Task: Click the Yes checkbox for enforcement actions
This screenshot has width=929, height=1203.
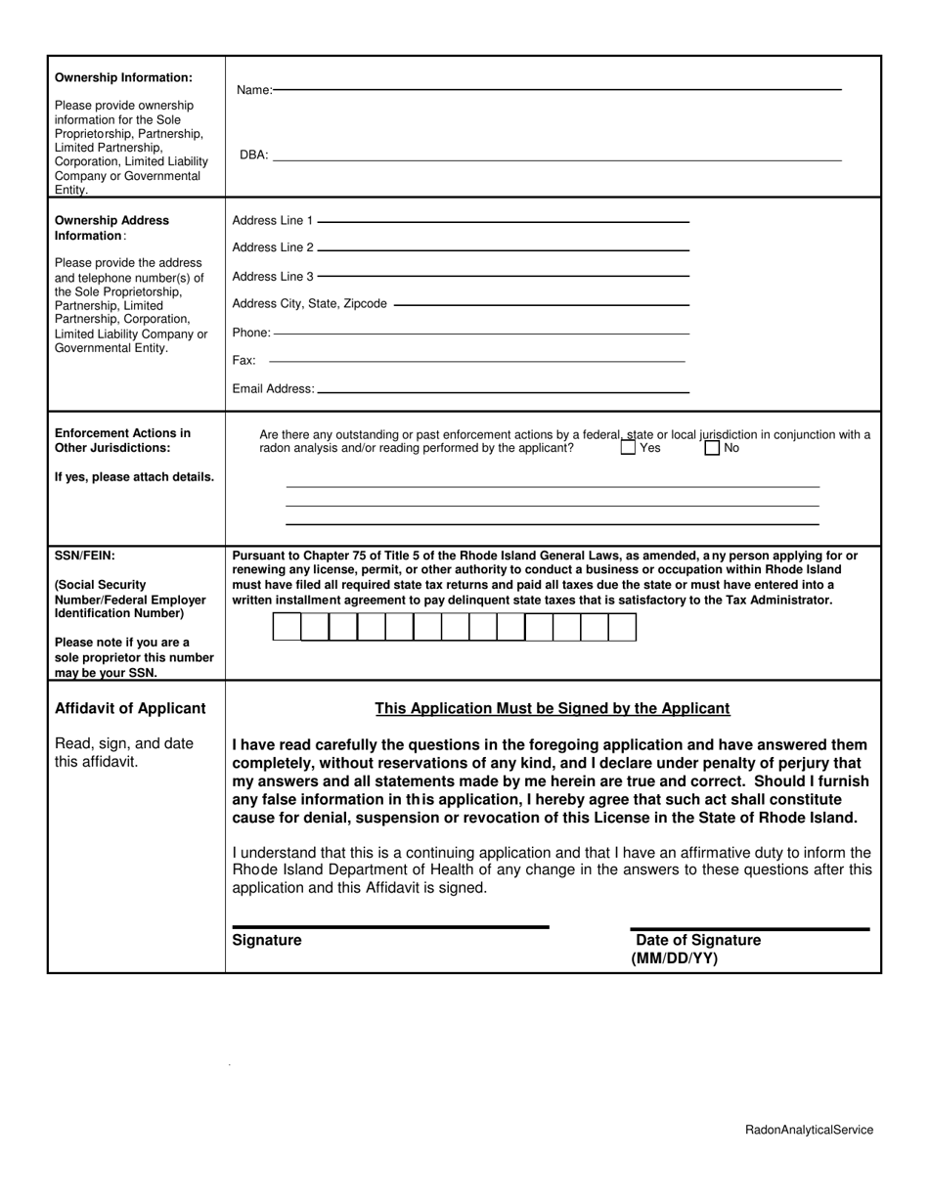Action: pos(628,448)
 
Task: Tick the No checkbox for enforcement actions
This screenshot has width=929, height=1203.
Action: pos(712,448)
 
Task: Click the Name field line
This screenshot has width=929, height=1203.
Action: pos(557,89)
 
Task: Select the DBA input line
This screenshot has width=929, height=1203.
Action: pos(557,159)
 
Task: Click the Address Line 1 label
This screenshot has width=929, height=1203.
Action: pos(273,221)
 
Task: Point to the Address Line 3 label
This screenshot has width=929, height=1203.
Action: pos(273,277)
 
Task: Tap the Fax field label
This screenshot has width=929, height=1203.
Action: pos(243,361)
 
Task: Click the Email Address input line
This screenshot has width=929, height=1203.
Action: pos(504,392)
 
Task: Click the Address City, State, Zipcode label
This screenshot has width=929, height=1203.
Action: pos(309,304)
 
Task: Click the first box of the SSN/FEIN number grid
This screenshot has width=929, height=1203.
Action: pos(287,627)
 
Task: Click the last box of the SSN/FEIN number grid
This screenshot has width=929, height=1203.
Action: pos(622,627)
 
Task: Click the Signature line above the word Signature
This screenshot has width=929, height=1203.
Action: pos(390,926)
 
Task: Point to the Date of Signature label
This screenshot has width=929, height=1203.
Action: pos(697,940)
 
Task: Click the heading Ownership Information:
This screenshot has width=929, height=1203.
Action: pos(123,77)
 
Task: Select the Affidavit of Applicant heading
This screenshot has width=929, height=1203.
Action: pos(130,708)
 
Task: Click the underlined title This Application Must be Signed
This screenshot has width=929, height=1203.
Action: pos(553,708)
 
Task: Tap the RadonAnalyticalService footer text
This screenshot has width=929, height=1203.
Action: pos(809,1130)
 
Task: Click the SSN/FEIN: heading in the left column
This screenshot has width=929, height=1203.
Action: pos(85,556)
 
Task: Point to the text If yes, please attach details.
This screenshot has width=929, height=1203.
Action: pos(134,477)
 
